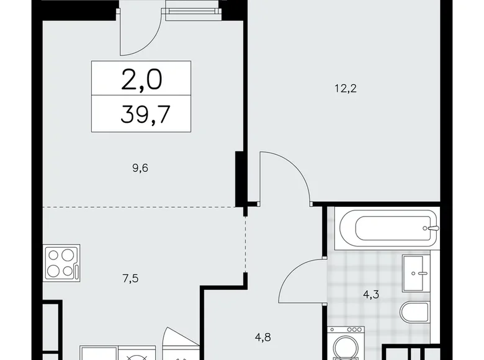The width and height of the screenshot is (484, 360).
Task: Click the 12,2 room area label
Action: pyautogui.click(x=346, y=89)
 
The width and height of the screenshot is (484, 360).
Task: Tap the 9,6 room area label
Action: pyautogui.click(x=140, y=168)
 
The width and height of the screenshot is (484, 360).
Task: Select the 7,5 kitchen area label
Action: pyautogui.click(x=130, y=279)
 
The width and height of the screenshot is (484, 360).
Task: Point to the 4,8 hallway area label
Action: pyautogui.click(x=263, y=337)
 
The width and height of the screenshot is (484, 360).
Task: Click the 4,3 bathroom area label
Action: pyautogui.click(x=370, y=295)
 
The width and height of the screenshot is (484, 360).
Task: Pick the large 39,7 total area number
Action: pyautogui.click(x=145, y=114)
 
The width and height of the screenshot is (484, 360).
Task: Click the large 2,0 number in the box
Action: pyautogui.click(x=141, y=79)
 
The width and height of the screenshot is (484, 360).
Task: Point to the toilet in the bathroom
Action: pyautogui.click(x=415, y=312)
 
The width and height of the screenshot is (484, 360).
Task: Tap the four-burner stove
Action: pyautogui.click(x=61, y=263)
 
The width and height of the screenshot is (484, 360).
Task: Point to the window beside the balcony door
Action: pyautogui.click(x=194, y=11)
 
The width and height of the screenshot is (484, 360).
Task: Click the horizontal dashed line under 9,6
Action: pyautogui.click(x=139, y=207)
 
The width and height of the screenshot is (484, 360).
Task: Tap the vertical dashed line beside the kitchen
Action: pyautogui.click(x=245, y=244)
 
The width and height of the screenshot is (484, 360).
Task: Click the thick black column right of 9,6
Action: pyautogui.click(x=240, y=179)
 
